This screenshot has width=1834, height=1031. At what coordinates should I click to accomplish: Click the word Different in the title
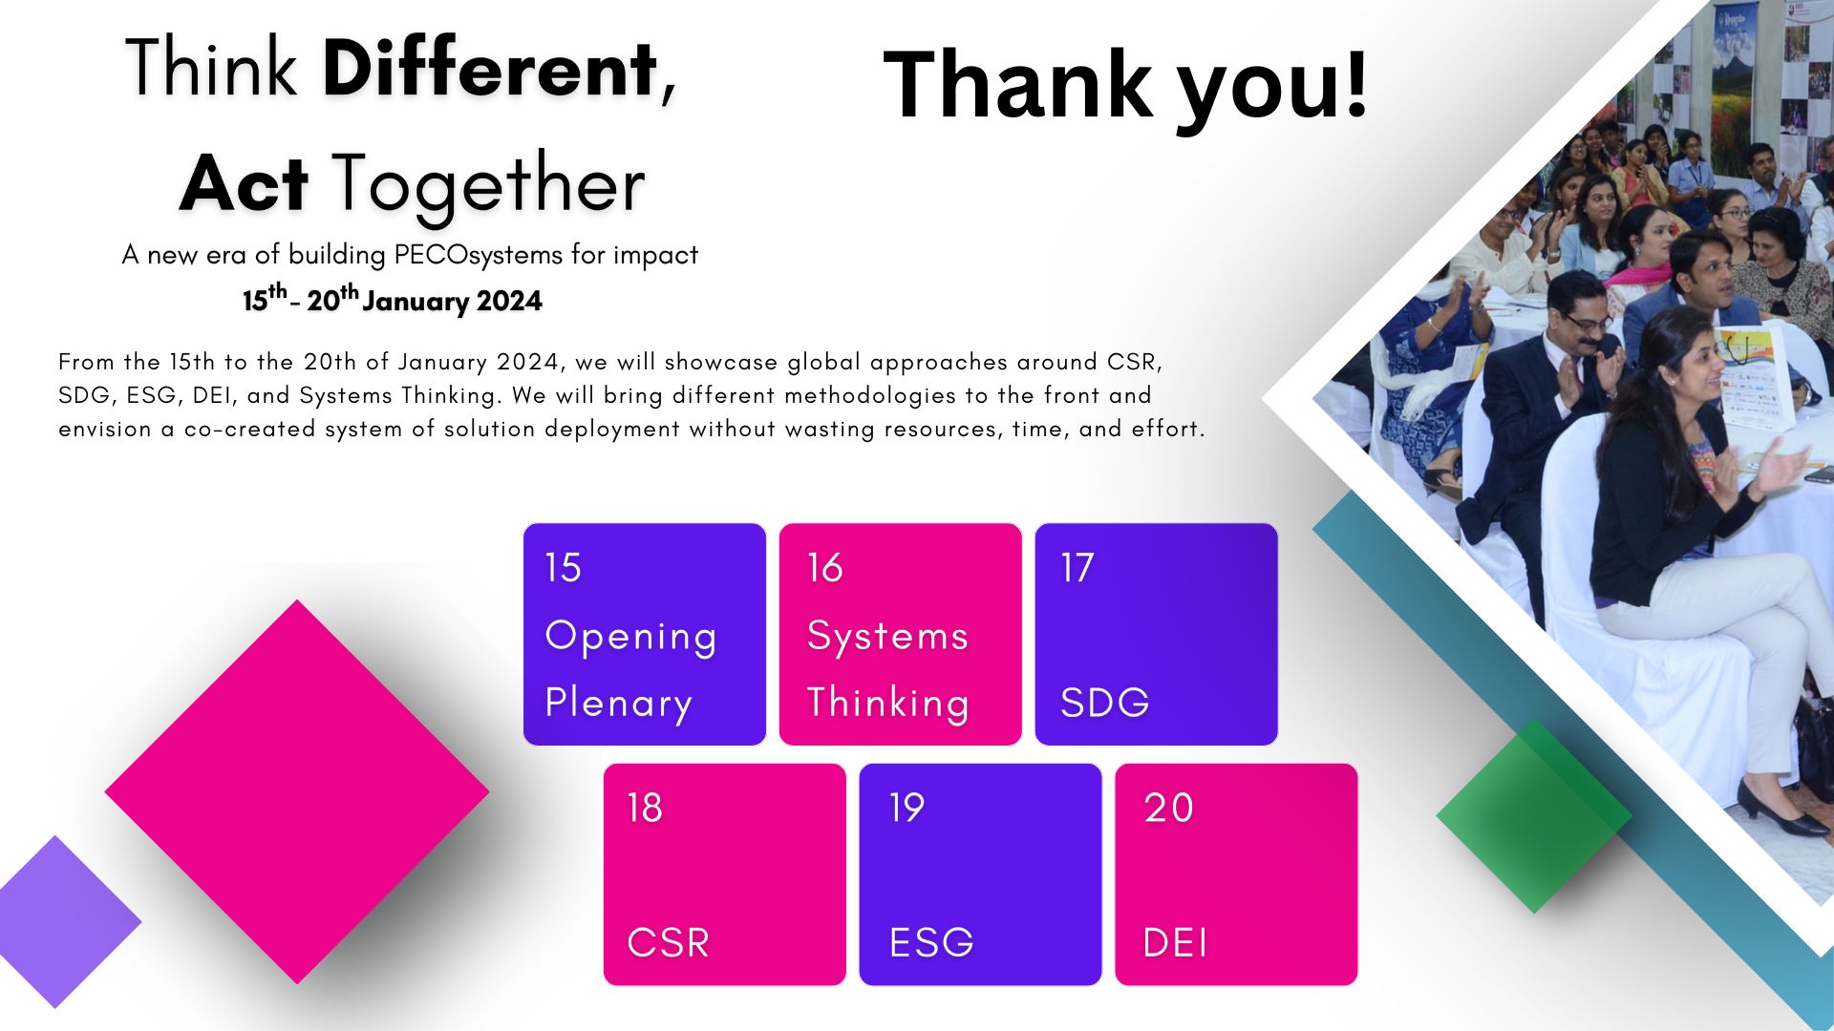[491, 69]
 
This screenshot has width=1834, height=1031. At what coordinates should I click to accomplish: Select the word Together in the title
[488, 185]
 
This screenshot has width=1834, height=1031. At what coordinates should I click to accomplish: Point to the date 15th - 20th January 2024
[392, 300]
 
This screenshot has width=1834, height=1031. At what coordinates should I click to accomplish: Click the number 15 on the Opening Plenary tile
[563, 567]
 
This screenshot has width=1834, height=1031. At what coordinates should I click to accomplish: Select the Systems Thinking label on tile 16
[888, 669]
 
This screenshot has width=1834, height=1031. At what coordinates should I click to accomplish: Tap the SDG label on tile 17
[1104, 703]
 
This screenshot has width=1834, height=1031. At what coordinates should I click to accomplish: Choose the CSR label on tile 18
[668, 943]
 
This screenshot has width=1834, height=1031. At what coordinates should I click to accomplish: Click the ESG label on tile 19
[931, 943]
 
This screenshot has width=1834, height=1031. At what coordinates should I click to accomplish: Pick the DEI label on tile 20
[1175, 943]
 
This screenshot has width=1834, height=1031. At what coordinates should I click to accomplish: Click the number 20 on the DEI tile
[1168, 808]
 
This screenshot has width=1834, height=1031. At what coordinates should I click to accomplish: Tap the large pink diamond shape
[297, 791]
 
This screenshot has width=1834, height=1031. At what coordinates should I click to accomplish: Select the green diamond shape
[1534, 816]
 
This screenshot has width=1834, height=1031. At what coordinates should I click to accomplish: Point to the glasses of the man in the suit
[1589, 322]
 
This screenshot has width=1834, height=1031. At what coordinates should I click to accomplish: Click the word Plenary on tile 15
[618, 704]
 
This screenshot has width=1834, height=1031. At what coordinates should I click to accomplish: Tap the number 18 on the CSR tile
[644, 808]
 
